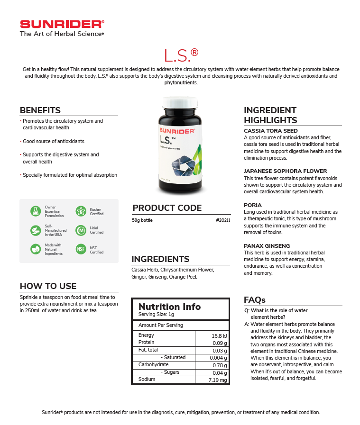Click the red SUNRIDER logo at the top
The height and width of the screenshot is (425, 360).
pyautogui.click(x=62, y=24)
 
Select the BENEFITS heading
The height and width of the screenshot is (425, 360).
pyautogui.click(x=40, y=110)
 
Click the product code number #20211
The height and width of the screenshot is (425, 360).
pyautogui.click(x=222, y=220)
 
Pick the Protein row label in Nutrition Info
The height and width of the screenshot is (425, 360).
pyautogui.click(x=146, y=342)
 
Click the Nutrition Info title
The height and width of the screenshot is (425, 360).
pyautogui.click(x=169, y=307)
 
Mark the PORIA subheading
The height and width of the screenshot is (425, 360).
pyautogui.click(x=253, y=205)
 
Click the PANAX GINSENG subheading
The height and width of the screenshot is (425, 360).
pyautogui.click(x=267, y=246)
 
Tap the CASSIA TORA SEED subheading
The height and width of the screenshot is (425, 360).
pyautogui.click(x=271, y=131)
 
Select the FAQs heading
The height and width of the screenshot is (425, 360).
pyautogui.click(x=254, y=300)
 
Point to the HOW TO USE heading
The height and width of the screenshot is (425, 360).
pyautogui.click(x=48, y=286)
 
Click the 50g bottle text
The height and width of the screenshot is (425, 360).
pyautogui.click(x=142, y=220)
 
